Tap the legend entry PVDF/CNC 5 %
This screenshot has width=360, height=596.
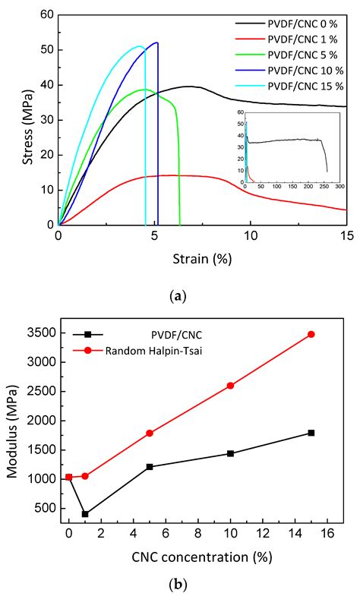tap(300, 54)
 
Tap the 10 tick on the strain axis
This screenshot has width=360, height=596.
tap(251, 237)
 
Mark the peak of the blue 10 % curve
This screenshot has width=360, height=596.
tap(156, 43)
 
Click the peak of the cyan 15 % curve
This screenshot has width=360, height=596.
tap(140, 46)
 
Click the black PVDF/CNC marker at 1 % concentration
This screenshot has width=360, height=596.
tap(85, 514)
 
